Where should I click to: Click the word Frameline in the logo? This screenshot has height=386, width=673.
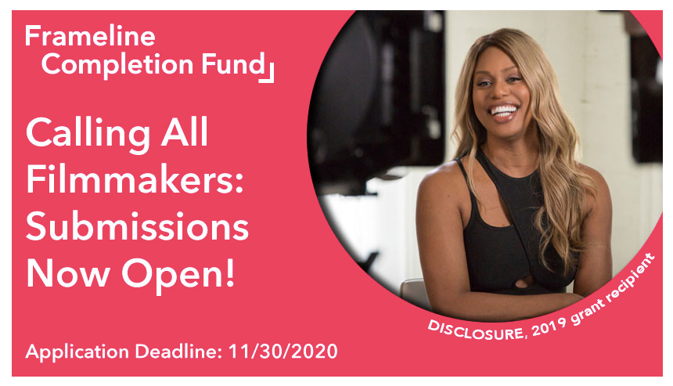click(x=90, y=36)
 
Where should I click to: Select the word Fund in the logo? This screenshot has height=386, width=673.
click(x=233, y=64)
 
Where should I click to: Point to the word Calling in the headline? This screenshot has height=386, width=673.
click(x=88, y=135)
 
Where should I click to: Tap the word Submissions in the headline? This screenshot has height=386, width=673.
click(x=138, y=226)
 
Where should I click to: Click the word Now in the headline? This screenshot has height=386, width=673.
click(x=68, y=273)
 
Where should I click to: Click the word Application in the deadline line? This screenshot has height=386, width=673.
click(x=77, y=352)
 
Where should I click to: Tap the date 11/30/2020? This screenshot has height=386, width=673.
click(x=283, y=352)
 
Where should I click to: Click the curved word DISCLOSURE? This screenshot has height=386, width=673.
click(x=476, y=330)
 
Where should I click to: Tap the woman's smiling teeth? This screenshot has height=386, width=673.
click(x=505, y=110)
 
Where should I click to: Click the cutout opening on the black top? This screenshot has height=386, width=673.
click(x=524, y=282)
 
